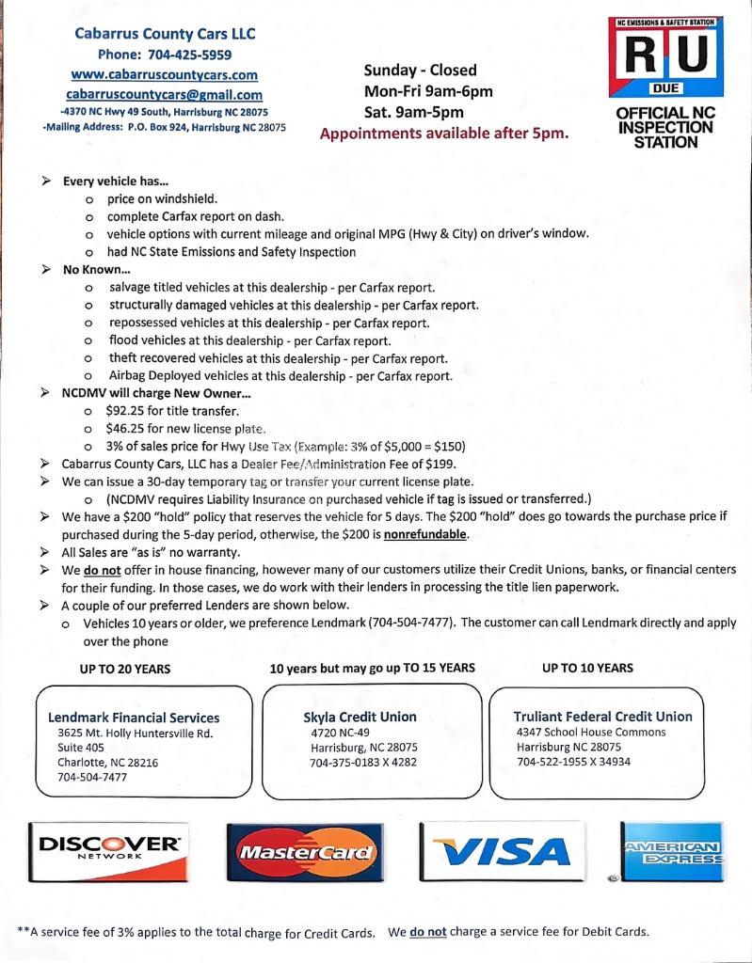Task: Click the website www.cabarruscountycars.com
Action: point(164,74)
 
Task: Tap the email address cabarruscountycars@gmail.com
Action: point(164,94)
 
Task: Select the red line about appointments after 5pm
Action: point(444,133)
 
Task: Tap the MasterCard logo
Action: point(305,853)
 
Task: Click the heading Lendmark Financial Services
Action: point(134,718)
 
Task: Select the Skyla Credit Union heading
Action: point(354,717)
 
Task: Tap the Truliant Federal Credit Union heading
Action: point(602,717)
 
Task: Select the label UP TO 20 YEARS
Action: point(125,669)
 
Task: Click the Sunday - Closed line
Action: point(421,70)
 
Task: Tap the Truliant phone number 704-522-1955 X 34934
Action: point(573,762)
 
